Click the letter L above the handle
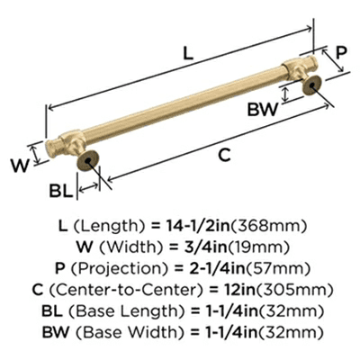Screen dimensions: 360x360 point(188,53)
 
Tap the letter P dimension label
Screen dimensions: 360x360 point(341,52)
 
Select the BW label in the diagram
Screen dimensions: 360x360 point(263,109)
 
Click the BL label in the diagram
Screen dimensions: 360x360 point(61,190)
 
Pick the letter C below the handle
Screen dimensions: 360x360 point(224,155)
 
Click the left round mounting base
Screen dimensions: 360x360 point(87,160)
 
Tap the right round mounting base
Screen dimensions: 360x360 point(312,85)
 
